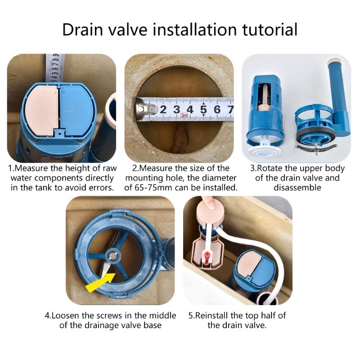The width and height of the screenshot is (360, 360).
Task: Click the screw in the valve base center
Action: [x=111, y=256]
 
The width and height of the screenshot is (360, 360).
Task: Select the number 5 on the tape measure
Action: [x=203, y=109]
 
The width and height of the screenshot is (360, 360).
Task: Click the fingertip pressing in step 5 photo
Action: [x=208, y=202]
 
